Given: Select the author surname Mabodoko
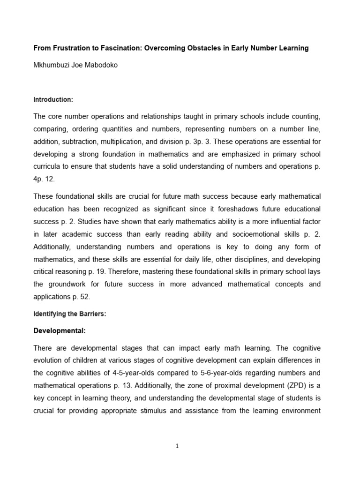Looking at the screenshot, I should pyautogui.click(x=99, y=65).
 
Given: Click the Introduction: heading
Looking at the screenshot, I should pyautogui.click(x=53, y=100).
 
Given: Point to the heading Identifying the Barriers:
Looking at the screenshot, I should pyautogui.click(x=69, y=314).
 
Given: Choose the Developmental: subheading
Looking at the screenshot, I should pyautogui.click(x=59, y=330).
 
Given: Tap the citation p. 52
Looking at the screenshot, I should pyautogui.click(x=82, y=297).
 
